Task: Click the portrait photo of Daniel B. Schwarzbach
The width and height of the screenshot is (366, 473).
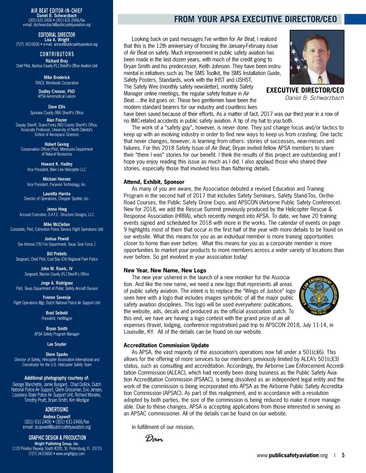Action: (317, 57)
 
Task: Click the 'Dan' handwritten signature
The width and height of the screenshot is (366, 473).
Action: (154, 439)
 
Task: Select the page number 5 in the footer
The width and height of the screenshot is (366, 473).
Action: (343, 455)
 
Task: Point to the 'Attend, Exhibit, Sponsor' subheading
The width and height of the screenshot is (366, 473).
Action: (154, 182)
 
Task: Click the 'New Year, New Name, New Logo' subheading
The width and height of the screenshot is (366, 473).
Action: (165, 270)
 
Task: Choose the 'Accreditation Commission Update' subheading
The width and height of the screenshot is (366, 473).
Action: (166, 345)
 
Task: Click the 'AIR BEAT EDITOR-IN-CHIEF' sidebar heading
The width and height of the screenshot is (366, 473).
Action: (57, 11)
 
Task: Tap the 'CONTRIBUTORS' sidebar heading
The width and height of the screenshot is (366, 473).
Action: (57, 54)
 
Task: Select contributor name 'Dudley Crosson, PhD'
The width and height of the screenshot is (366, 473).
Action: (57, 91)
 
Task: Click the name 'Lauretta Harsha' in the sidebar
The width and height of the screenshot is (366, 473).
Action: (57, 194)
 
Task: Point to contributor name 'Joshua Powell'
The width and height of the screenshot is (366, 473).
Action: (57, 239)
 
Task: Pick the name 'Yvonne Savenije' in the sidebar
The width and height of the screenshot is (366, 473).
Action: (57, 297)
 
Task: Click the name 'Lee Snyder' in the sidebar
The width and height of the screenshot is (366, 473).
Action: (57, 344)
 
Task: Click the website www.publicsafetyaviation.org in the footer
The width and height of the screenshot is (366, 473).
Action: (292, 455)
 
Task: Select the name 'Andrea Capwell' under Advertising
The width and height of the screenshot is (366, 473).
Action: (57, 417)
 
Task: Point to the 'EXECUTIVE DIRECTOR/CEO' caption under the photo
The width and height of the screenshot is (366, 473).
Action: (305, 90)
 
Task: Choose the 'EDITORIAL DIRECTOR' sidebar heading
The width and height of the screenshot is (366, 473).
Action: (57, 35)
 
